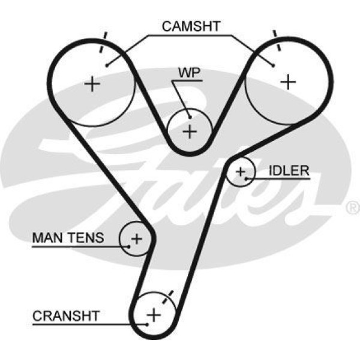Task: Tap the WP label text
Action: pos(188,73)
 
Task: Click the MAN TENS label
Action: pos(67,238)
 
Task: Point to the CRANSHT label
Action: pos(66,315)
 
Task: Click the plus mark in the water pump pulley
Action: pos(190,131)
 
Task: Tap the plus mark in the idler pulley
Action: pos(241,173)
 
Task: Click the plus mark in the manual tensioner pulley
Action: pos(136,239)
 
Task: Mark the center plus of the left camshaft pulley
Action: pos(92,83)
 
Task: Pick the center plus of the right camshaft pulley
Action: pos(289,81)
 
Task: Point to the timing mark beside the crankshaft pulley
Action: pos(170,294)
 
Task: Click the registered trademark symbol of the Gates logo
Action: pos(353,208)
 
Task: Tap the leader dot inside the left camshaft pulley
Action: pos(106,65)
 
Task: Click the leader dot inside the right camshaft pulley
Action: pos(273,65)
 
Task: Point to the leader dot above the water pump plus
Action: pos(188,116)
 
